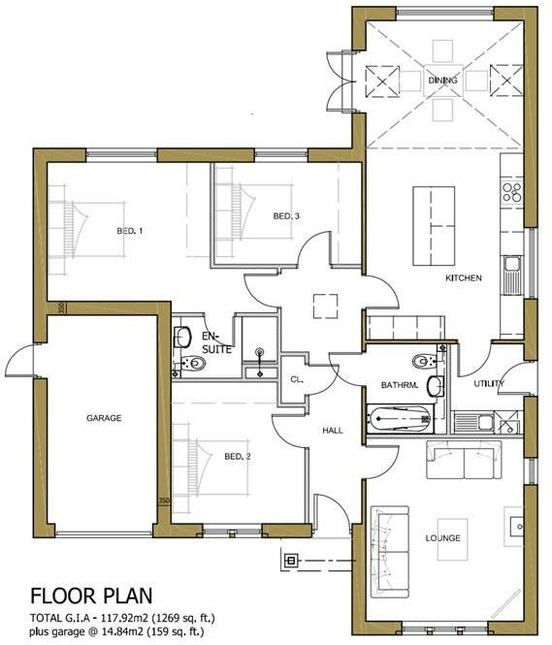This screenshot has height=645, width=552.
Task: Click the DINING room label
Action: [442, 81]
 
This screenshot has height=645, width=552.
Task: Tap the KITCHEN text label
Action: [463, 278]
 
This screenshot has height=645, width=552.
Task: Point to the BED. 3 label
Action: [285, 215]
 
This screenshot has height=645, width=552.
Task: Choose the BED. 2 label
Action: [238, 456]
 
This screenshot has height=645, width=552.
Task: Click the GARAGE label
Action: [103, 418]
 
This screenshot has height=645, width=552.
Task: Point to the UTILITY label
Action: [488, 384]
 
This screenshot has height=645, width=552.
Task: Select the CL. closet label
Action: [297, 379]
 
